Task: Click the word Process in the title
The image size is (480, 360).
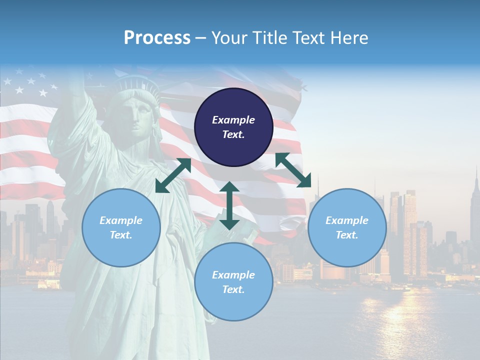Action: click(157, 38)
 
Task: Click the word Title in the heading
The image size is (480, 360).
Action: click(266, 38)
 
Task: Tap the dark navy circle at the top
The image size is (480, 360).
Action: click(233, 127)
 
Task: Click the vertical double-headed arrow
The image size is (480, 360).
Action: click(229, 205)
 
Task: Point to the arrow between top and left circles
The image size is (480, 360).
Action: click(173, 175)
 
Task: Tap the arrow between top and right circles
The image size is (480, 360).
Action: click(293, 170)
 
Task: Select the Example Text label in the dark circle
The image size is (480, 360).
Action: click(233, 127)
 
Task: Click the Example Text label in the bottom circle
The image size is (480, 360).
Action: click(233, 282)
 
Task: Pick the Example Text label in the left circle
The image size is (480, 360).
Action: click(121, 227)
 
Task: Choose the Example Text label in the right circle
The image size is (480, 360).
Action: click(347, 227)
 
